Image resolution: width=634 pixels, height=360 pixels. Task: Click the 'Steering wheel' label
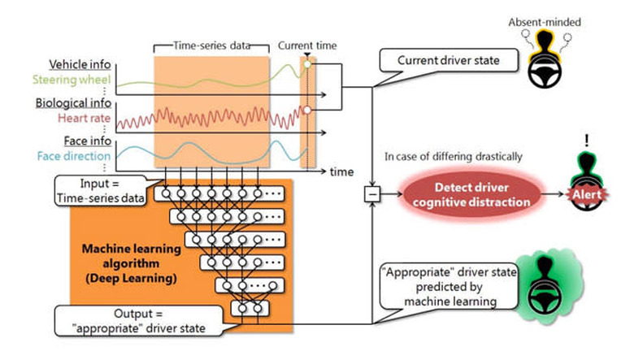(72, 80)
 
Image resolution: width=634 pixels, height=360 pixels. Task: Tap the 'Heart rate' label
(84, 118)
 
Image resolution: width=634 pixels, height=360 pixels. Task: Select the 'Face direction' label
(74, 156)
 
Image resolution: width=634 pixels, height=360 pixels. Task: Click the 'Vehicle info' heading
(80, 64)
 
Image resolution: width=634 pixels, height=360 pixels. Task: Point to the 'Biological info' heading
(73, 102)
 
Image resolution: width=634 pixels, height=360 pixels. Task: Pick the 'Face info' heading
(87, 141)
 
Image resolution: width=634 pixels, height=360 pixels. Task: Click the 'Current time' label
(307, 46)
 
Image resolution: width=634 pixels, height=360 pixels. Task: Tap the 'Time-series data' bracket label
(212, 46)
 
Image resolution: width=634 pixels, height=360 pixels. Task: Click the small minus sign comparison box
(372, 194)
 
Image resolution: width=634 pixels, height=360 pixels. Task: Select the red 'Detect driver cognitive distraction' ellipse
(471, 195)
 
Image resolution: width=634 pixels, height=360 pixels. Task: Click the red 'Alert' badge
(587, 195)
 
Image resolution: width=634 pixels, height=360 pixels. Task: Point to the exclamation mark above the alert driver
(587, 141)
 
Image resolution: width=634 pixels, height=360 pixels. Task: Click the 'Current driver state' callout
(449, 61)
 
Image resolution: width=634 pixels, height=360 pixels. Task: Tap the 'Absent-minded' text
(545, 22)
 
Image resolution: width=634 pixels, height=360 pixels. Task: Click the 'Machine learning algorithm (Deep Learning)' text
(132, 263)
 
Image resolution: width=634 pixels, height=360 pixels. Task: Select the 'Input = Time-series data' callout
(100, 191)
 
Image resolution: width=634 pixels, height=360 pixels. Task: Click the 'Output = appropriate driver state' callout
(138, 321)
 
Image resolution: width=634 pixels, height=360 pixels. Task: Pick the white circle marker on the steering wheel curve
(307, 64)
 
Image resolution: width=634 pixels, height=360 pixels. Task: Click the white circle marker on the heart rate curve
(307, 110)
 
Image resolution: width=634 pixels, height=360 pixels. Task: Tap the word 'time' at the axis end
(341, 171)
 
